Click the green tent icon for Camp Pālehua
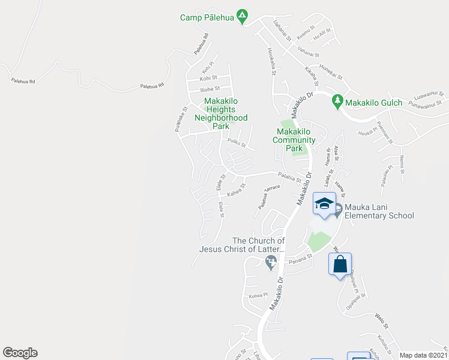pos(242,16)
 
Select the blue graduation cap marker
pos(324,204)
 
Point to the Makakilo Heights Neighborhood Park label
pos(221,113)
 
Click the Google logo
pos(20,353)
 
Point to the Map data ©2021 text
pos(423,355)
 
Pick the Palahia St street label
pos(289,178)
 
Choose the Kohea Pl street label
pos(258,295)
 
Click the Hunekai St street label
pos(330,73)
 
